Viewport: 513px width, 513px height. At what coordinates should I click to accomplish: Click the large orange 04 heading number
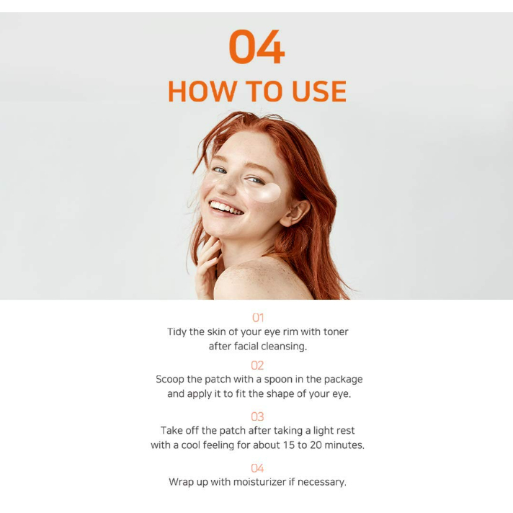(256, 46)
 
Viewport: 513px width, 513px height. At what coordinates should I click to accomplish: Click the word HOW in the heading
(202, 92)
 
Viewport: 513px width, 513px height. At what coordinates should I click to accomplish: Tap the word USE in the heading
(319, 92)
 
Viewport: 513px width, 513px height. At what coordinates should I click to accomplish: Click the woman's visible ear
(295, 213)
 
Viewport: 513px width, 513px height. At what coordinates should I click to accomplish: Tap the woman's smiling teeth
(226, 208)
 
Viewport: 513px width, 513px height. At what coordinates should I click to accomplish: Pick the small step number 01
(258, 318)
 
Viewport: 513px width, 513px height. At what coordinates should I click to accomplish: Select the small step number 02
(257, 365)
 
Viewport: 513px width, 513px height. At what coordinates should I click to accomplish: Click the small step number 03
(257, 416)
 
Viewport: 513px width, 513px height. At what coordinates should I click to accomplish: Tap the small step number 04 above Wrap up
(257, 468)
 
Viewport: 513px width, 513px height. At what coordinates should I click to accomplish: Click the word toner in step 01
(336, 331)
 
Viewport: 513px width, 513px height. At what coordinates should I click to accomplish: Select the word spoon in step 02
(278, 380)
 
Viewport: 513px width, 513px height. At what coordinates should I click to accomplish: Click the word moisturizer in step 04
(260, 482)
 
